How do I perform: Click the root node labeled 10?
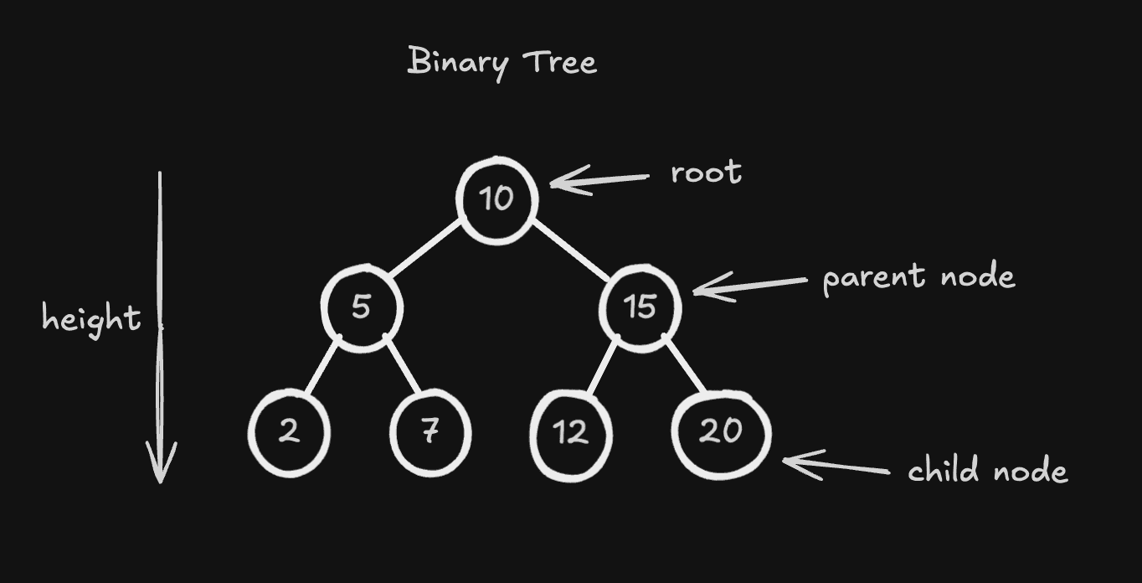click(x=496, y=199)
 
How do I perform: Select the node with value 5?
click(x=362, y=307)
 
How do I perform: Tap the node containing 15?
click(x=640, y=307)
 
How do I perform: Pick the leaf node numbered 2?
click(x=289, y=433)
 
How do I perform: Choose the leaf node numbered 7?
click(x=430, y=433)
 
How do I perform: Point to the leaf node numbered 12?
click(x=571, y=434)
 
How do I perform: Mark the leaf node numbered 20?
click(x=721, y=433)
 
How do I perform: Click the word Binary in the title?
click(x=456, y=63)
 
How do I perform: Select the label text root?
click(x=706, y=173)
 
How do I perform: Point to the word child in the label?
click(x=943, y=470)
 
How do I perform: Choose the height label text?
click(x=91, y=319)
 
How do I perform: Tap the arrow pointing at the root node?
click(x=599, y=179)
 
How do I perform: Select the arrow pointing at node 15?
click(x=749, y=286)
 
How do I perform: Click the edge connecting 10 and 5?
click(x=425, y=247)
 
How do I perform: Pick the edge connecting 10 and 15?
click(x=571, y=249)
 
